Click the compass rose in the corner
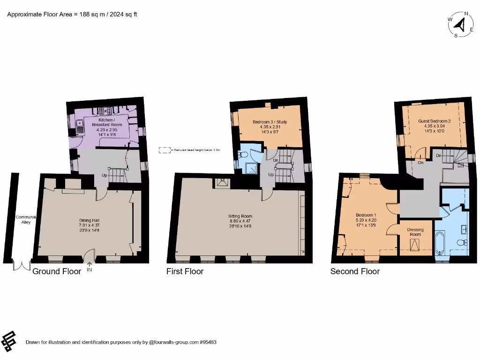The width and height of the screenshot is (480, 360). click(x=460, y=24)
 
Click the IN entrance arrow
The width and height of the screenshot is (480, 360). click(x=89, y=267)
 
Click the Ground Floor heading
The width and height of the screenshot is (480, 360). click(x=56, y=271)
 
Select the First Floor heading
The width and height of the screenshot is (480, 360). click(x=185, y=271)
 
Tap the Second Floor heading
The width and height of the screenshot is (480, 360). click(x=355, y=271)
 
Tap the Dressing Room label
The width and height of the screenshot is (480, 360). click(x=415, y=232)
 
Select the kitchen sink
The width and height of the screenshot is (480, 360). click(x=80, y=127)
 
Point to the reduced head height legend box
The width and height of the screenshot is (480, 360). click(x=165, y=150)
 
